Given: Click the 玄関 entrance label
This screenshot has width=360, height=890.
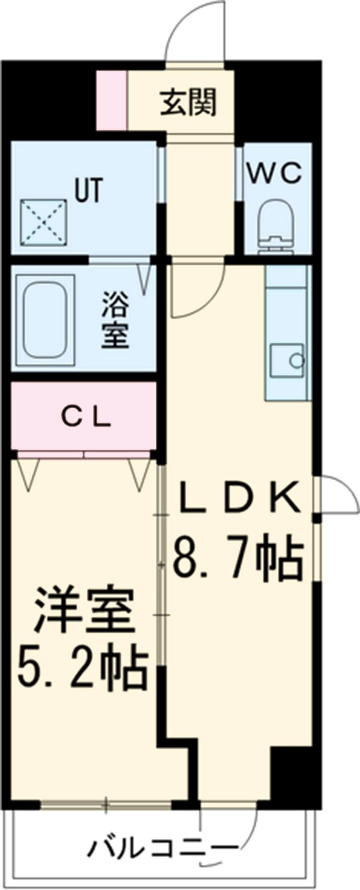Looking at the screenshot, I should coord(187,104).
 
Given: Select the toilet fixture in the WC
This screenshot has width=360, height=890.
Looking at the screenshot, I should coord(277,228).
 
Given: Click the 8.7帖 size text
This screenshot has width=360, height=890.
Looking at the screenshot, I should coord(237,558).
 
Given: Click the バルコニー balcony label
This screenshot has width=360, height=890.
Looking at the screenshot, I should coord(162,848).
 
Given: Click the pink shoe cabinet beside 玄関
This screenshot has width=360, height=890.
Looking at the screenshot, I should coord(112,100).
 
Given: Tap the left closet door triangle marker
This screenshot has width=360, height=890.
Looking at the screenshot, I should coord(28,474).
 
